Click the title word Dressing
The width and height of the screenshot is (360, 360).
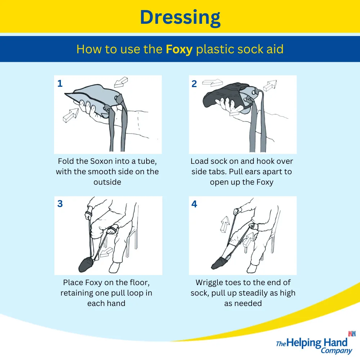(x=180, y=18)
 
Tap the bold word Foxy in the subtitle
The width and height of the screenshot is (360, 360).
(x=179, y=49)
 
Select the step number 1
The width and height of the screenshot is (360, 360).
(x=60, y=84)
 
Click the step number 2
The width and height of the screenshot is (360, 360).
(x=194, y=84)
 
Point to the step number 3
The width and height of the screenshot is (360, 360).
(x=60, y=204)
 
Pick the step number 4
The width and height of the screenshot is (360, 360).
(x=194, y=204)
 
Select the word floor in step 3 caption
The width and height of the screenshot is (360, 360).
(x=139, y=282)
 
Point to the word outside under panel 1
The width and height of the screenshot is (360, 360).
(x=107, y=182)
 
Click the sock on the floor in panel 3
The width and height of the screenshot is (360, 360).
(x=86, y=265)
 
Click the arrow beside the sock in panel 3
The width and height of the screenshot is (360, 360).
(x=106, y=252)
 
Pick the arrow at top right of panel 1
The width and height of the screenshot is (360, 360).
(x=121, y=82)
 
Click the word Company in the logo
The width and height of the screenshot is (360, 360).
(x=336, y=351)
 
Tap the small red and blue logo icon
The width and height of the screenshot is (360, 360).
(x=352, y=334)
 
